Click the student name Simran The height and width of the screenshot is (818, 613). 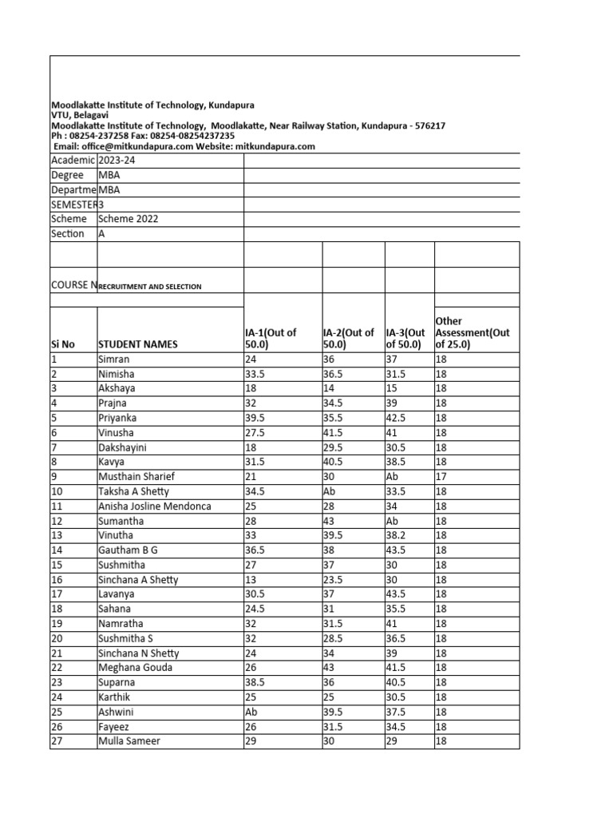click(x=113, y=359)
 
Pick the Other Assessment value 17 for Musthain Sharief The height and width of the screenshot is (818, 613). click(x=441, y=477)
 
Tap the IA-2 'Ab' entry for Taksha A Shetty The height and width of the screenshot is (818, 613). click(x=331, y=491)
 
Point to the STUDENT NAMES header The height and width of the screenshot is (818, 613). click(x=138, y=344)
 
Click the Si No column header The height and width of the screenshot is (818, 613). click(x=63, y=344)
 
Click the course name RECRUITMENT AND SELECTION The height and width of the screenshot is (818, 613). click(x=150, y=286)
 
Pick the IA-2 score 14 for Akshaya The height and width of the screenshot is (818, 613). click(x=330, y=388)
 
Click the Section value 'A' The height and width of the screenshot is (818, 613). click(x=101, y=233)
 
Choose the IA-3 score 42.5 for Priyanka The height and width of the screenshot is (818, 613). click(x=401, y=418)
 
